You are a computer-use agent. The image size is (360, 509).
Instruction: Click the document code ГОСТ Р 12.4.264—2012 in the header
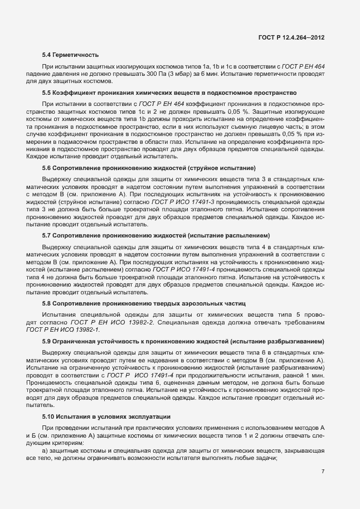[291, 37]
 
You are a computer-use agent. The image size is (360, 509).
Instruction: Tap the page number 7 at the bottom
[323, 471]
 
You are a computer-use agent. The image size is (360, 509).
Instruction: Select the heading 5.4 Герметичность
[71, 55]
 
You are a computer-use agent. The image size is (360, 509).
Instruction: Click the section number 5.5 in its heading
[47, 91]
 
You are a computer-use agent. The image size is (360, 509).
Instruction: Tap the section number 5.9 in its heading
[47, 341]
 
